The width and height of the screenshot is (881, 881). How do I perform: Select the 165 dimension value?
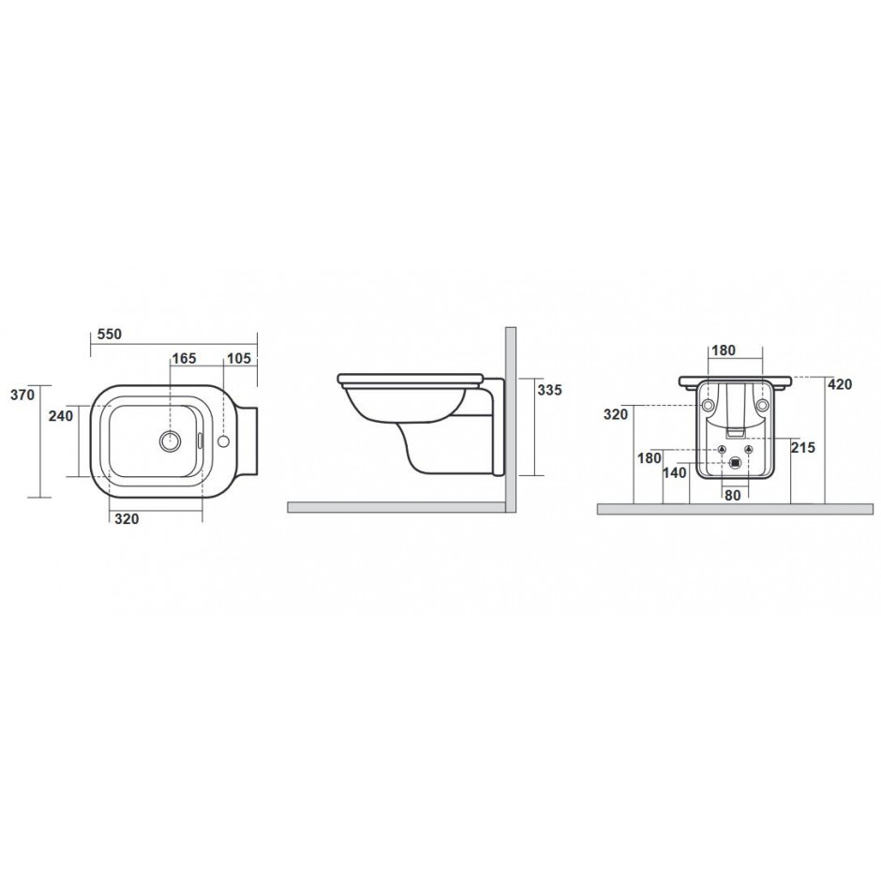(x=184, y=357)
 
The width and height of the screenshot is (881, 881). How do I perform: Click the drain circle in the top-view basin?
(x=170, y=440)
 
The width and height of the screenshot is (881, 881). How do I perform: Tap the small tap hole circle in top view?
(x=223, y=440)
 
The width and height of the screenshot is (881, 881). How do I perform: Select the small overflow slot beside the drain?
(x=199, y=440)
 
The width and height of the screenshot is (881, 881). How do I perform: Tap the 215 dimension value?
(x=802, y=448)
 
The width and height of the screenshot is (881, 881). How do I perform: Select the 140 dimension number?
(x=674, y=474)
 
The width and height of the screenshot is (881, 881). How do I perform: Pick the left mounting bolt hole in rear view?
(x=708, y=404)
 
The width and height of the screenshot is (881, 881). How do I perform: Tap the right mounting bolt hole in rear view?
(x=764, y=404)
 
